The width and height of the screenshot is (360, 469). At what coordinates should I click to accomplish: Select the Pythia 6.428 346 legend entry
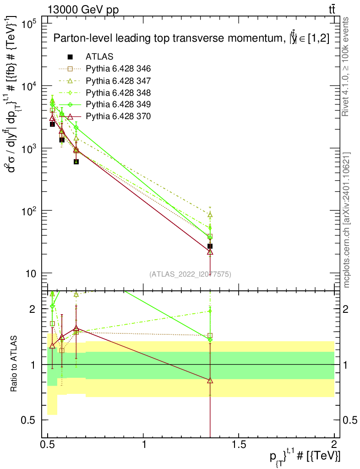pos(118,69)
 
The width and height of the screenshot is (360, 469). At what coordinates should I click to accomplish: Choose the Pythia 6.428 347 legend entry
pos(118,81)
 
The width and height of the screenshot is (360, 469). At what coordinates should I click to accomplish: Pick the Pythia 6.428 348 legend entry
pos(118,93)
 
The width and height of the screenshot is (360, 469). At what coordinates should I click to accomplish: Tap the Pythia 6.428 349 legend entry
pos(118,104)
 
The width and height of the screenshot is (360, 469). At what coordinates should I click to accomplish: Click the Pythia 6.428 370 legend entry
pos(118,116)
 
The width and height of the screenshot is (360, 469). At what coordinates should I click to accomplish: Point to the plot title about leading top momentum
pos(191,39)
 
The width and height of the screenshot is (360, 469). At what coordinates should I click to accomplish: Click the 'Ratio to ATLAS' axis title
pos(14,364)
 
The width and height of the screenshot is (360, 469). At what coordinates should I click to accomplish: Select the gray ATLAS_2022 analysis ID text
pos(190,274)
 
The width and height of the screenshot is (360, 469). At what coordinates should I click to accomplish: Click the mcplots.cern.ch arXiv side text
pos(347,220)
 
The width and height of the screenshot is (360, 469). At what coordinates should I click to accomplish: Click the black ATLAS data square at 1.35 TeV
pos(210,246)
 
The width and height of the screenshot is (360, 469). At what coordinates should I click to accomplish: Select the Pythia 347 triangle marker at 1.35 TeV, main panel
pos(210,214)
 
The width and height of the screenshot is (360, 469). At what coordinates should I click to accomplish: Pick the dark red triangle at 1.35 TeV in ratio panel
pos(210,380)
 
